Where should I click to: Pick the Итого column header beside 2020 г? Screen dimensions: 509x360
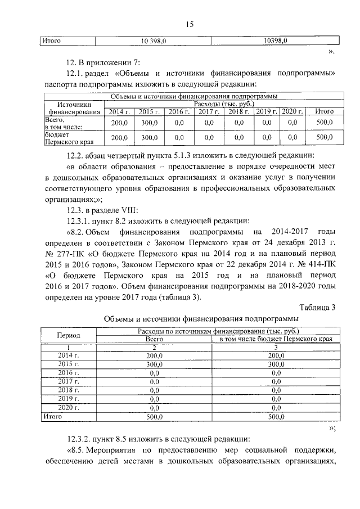[323, 111]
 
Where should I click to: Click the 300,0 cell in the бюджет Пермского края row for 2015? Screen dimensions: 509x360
[150, 137]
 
